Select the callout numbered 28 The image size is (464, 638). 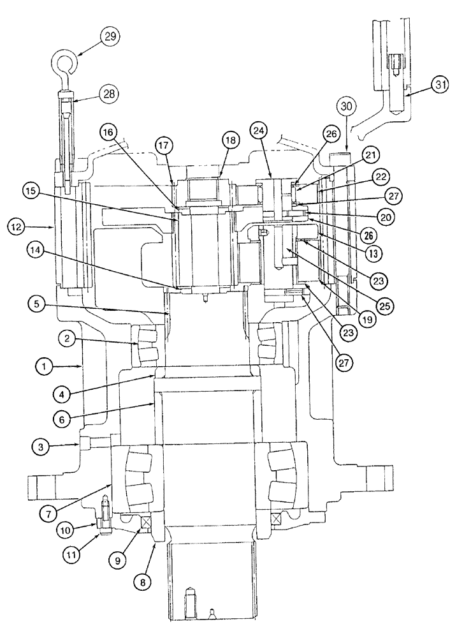click(110, 94)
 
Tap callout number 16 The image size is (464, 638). click(109, 133)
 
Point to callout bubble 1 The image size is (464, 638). click(44, 366)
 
